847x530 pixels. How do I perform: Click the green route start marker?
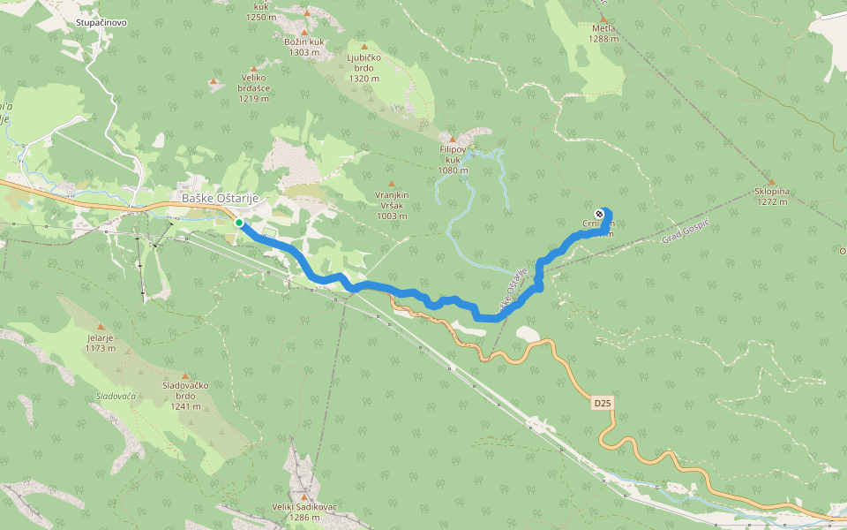coord(239,223)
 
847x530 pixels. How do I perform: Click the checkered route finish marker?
coord(600,214)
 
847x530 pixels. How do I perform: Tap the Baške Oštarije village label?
coord(220,198)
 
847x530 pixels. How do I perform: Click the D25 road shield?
coord(602,403)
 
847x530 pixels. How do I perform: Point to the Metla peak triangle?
coord(603,18)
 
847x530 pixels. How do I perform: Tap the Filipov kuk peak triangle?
coord(452,140)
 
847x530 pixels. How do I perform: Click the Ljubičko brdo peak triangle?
coord(364,46)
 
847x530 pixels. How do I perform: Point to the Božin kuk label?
coord(304,47)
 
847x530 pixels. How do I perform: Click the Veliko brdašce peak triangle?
coord(254,68)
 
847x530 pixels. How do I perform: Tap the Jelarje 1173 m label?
coord(101,343)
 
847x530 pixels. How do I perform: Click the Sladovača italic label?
coord(117,396)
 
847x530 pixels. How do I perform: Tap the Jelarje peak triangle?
coord(101,327)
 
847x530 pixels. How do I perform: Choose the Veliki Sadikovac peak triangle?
coord(304,496)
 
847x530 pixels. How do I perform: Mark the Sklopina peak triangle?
coord(771,181)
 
